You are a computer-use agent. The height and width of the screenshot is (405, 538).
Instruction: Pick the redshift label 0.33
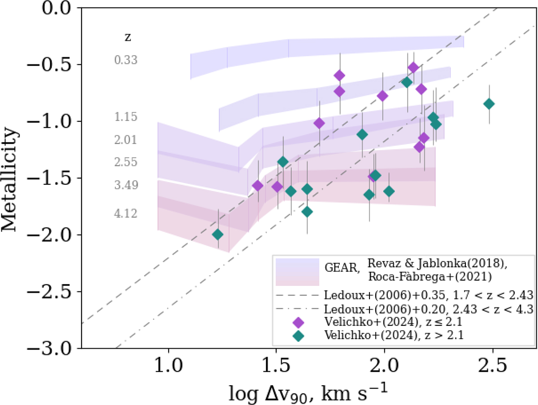tap(126, 60)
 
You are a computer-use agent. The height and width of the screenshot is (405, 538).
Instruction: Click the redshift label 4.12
tap(126, 214)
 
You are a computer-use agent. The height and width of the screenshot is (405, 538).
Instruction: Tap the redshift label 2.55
tap(126, 162)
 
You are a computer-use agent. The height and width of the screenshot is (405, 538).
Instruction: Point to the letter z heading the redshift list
tap(127, 37)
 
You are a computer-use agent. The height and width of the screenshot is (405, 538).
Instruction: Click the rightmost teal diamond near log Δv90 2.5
tap(489, 104)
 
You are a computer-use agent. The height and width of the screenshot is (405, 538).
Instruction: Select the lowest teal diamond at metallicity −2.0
tap(218, 234)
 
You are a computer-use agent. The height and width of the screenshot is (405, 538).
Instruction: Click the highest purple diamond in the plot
tap(413, 68)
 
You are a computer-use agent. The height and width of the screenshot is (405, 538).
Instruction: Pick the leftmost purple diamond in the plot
tap(258, 186)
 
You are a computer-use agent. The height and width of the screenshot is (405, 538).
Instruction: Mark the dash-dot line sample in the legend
tap(298, 308)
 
